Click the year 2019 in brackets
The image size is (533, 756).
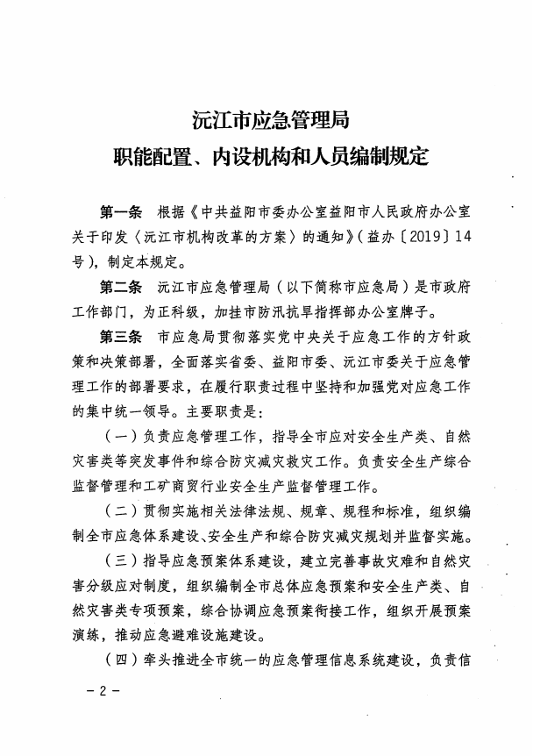click(423, 238)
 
